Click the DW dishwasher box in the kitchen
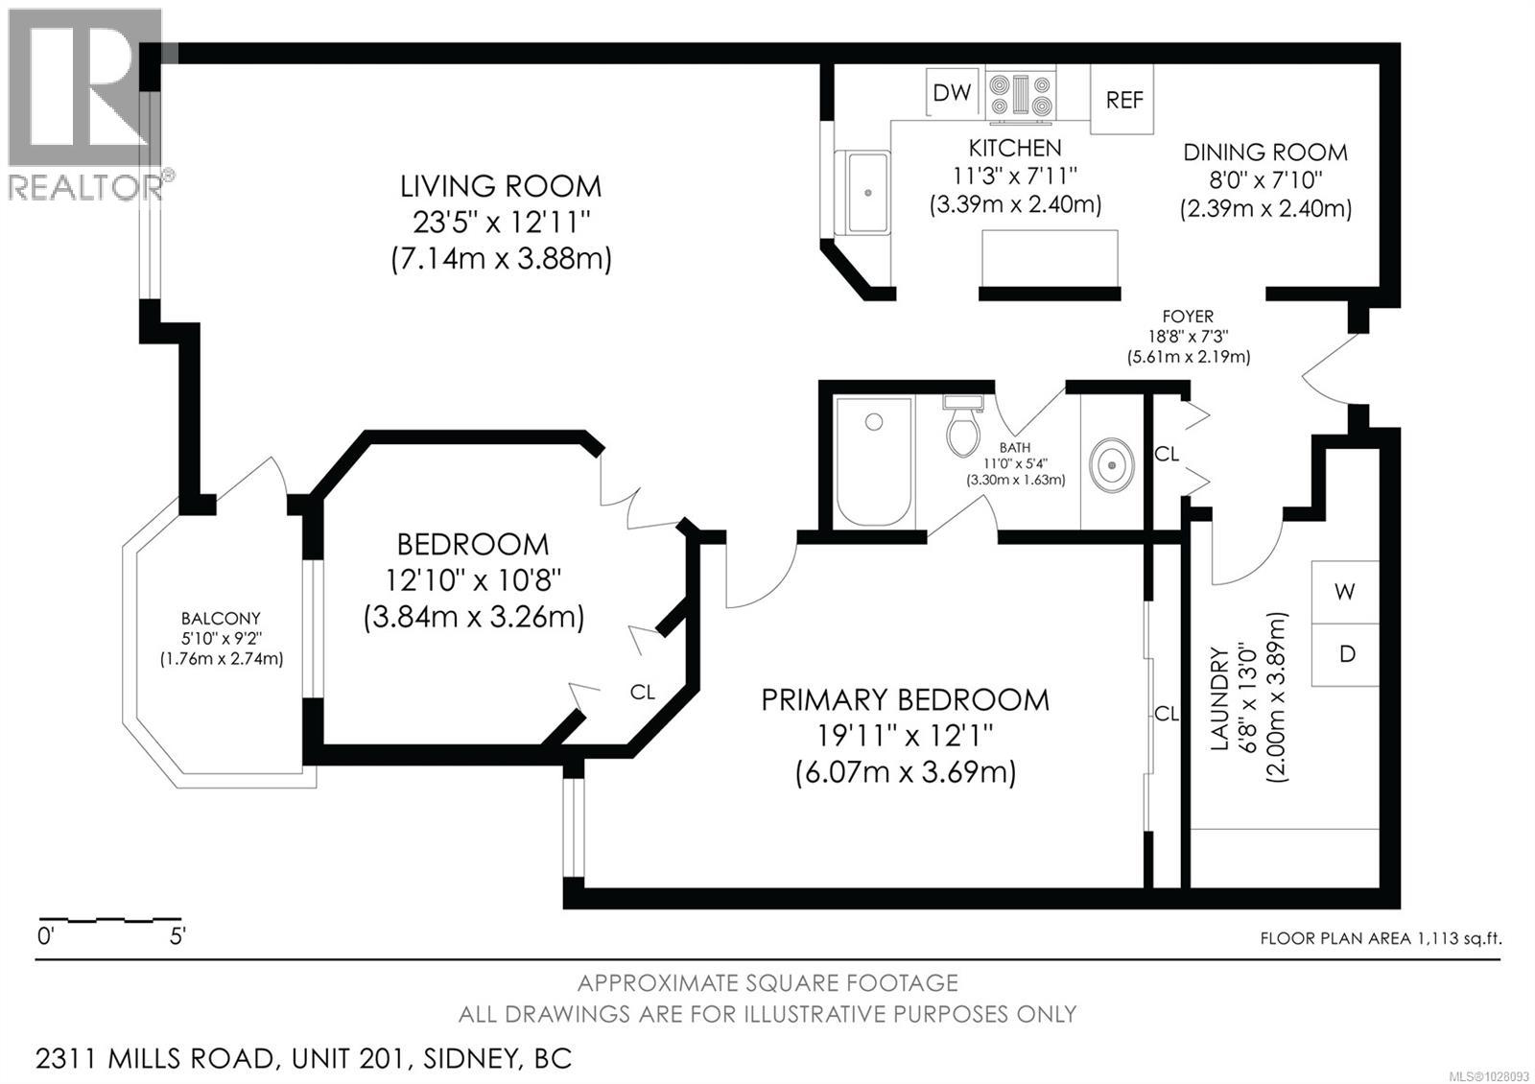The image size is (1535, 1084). [953, 92]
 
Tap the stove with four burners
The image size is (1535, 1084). [1021, 95]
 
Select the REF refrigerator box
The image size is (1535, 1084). [1123, 100]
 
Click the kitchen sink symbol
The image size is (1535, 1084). [866, 192]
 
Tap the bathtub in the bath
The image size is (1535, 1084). [873, 462]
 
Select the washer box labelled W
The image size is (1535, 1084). [1345, 592]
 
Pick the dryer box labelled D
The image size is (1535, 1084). [1346, 654]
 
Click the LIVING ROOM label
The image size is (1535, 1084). [501, 186]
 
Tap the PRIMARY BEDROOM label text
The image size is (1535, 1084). [905, 700]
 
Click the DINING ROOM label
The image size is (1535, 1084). [1264, 153]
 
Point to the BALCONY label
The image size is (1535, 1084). [221, 619]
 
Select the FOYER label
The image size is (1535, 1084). [1188, 317]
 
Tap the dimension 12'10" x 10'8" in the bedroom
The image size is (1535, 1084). [473, 580]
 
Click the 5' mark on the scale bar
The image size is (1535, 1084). [177, 936]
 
